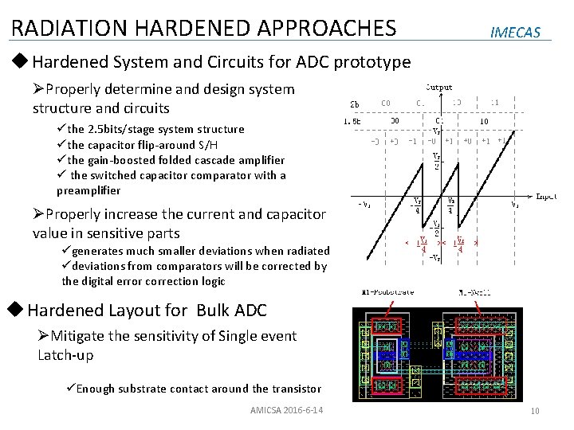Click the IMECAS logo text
516,33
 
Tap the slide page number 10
535,410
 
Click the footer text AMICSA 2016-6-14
285,410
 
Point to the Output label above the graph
438,88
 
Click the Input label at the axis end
546,195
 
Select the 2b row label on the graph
355,104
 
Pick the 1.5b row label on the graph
352,121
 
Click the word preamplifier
89,190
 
